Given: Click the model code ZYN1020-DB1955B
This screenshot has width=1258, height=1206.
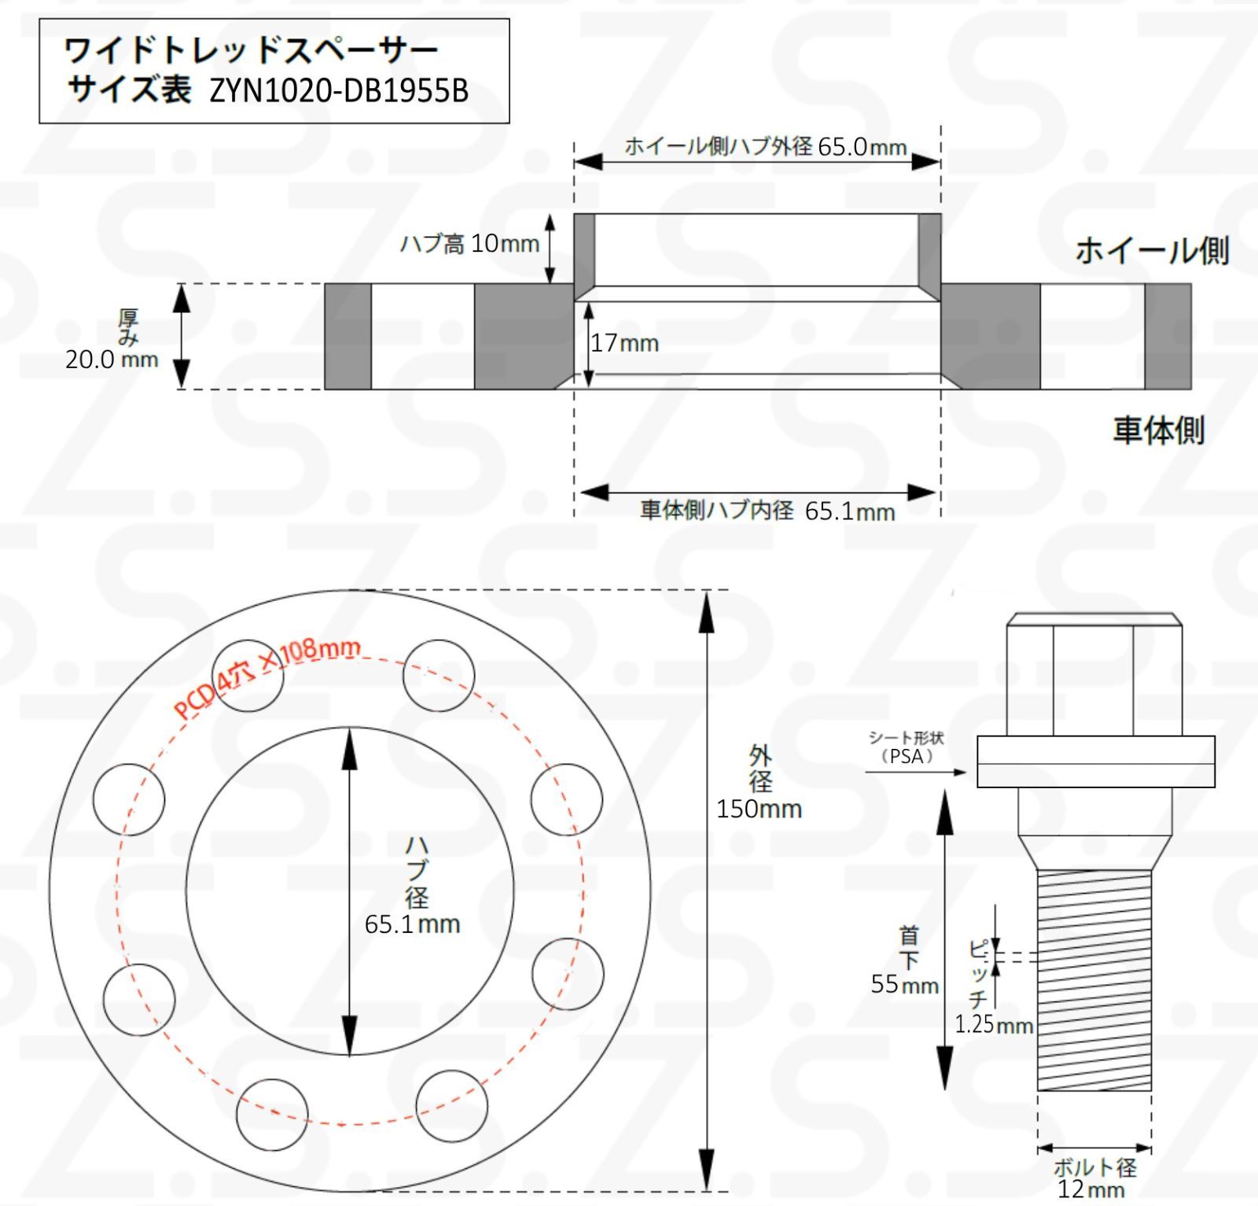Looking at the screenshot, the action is click(339, 91).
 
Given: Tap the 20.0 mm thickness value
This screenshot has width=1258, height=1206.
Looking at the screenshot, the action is click(112, 360).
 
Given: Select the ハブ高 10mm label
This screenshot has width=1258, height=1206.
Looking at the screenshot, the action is click(469, 244).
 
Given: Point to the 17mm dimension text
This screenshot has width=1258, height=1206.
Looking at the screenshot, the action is click(624, 343).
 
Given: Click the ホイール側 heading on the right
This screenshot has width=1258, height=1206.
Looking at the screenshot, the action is click(1152, 250).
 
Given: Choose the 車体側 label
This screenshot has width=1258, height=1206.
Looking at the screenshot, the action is click(1158, 430).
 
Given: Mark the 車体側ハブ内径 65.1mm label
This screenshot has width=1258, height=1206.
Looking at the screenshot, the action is click(767, 511).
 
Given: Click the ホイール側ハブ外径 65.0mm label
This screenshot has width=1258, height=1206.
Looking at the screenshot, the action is click(766, 146).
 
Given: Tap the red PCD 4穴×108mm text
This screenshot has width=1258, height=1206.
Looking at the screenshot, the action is click(267, 677).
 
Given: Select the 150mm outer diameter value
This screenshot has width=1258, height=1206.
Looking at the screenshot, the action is click(759, 809).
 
